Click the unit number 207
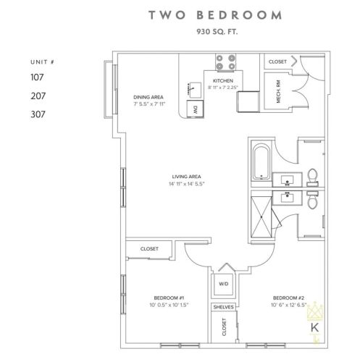point(38,96)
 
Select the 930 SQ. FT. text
point(217,32)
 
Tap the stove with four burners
point(225,62)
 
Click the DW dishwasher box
point(195,109)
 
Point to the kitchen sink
point(195,90)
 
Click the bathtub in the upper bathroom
point(261,161)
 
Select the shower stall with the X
point(261,217)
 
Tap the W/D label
point(224,284)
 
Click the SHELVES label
point(224,307)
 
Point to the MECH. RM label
point(278,91)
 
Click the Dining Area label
point(148,97)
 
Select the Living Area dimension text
point(187,184)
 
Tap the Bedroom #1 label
point(169,298)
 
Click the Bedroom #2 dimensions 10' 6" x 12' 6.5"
point(289,305)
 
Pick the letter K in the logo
point(314,328)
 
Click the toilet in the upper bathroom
point(312,177)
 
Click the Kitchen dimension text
point(223,88)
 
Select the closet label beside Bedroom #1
point(149,248)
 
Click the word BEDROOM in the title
point(239,15)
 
